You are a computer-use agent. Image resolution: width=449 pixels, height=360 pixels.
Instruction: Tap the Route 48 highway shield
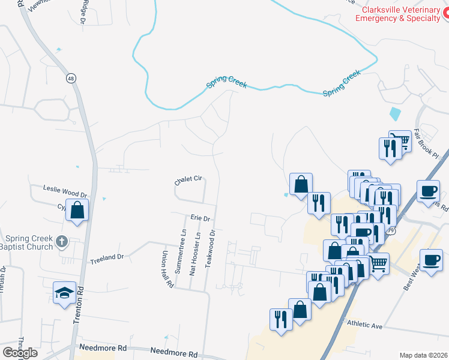[x=71, y=79]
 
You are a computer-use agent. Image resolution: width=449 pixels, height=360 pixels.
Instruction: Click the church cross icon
[x=61, y=242]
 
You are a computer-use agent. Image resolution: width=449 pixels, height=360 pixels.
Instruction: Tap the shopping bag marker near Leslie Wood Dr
[x=77, y=211]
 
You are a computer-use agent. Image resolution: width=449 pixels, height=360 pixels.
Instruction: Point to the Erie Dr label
[x=200, y=218]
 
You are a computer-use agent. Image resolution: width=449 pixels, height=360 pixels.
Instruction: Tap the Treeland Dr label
[x=106, y=257]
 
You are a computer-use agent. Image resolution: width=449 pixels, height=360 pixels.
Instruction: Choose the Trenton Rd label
[x=77, y=312]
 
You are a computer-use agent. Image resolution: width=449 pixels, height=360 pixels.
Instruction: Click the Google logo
[x=20, y=353]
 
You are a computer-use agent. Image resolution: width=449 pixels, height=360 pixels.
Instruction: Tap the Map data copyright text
[x=424, y=355]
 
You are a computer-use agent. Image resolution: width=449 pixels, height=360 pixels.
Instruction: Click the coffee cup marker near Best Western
[x=431, y=260]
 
